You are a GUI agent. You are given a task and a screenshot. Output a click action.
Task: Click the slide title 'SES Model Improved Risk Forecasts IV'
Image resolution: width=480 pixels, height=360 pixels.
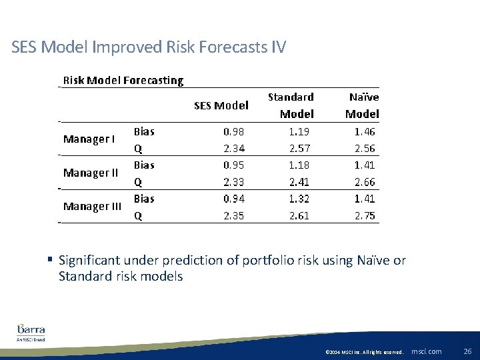click(149, 47)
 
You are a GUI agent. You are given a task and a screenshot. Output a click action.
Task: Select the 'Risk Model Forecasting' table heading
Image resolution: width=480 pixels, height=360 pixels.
click(123, 81)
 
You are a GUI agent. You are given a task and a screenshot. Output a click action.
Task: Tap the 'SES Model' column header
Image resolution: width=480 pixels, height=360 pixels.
click(221, 105)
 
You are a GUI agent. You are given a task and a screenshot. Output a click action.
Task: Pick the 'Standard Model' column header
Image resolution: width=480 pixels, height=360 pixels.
click(291, 105)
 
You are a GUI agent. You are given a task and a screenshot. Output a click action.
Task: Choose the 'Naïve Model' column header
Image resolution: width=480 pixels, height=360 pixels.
click(363, 105)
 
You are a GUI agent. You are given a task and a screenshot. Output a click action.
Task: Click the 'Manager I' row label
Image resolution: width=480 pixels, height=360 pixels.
click(89, 139)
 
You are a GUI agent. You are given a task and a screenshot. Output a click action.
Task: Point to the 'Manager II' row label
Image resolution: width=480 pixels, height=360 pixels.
click(91, 173)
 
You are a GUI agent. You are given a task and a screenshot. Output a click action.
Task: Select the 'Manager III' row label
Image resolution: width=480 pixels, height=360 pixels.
click(92, 207)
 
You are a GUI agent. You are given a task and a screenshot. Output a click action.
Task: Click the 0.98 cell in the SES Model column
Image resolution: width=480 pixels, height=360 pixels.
click(233, 131)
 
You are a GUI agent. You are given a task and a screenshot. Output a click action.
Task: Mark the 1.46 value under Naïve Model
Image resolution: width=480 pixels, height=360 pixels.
click(365, 131)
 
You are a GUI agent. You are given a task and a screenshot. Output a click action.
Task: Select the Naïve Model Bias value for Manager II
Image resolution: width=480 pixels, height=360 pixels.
click(365, 165)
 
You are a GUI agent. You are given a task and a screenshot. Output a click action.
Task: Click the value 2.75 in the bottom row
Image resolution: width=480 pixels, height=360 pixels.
click(365, 215)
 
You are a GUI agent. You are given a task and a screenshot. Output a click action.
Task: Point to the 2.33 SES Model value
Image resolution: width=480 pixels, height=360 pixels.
click(233, 182)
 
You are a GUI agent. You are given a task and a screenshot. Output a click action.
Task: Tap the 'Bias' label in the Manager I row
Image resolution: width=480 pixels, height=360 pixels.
click(144, 131)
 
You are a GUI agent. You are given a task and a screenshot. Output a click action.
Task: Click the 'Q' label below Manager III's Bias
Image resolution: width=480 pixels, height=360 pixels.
click(138, 215)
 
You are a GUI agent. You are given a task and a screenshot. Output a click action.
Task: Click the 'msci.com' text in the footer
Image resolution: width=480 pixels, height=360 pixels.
click(427, 351)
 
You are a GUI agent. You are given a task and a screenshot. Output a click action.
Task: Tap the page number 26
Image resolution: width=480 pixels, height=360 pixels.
click(467, 351)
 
